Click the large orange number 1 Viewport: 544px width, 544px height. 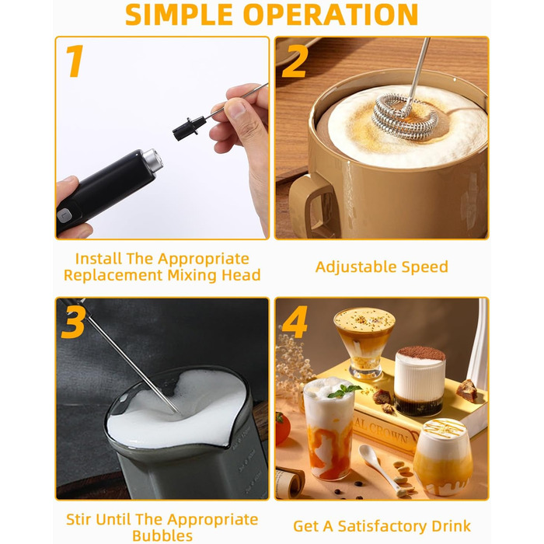coord(75,61)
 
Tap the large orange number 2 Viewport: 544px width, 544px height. coord(295,61)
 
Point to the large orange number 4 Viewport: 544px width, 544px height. coord(295,322)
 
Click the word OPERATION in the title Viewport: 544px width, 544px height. coord(330,15)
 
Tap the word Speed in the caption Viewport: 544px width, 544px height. coord(424,267)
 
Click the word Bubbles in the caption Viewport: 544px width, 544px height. coord(162,535)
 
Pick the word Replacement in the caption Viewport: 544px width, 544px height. coord(113,275)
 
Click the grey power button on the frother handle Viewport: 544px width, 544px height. coord(65,216)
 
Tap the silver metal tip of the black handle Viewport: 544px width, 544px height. coord(153,160)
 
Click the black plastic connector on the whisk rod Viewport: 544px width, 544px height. coord(189,129)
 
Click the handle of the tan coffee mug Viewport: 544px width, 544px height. coord(313,204)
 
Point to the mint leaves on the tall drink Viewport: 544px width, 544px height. coord(343,391)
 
